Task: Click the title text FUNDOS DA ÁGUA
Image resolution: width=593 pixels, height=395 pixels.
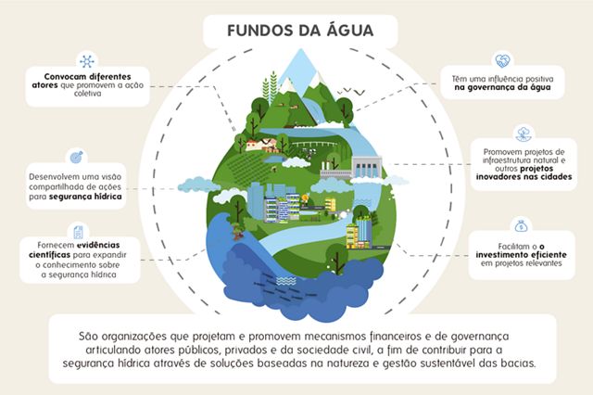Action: pyautogui.click(x=300, y=31)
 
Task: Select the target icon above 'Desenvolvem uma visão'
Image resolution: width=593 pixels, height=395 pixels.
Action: pyautogui.click(x=76, y=157)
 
